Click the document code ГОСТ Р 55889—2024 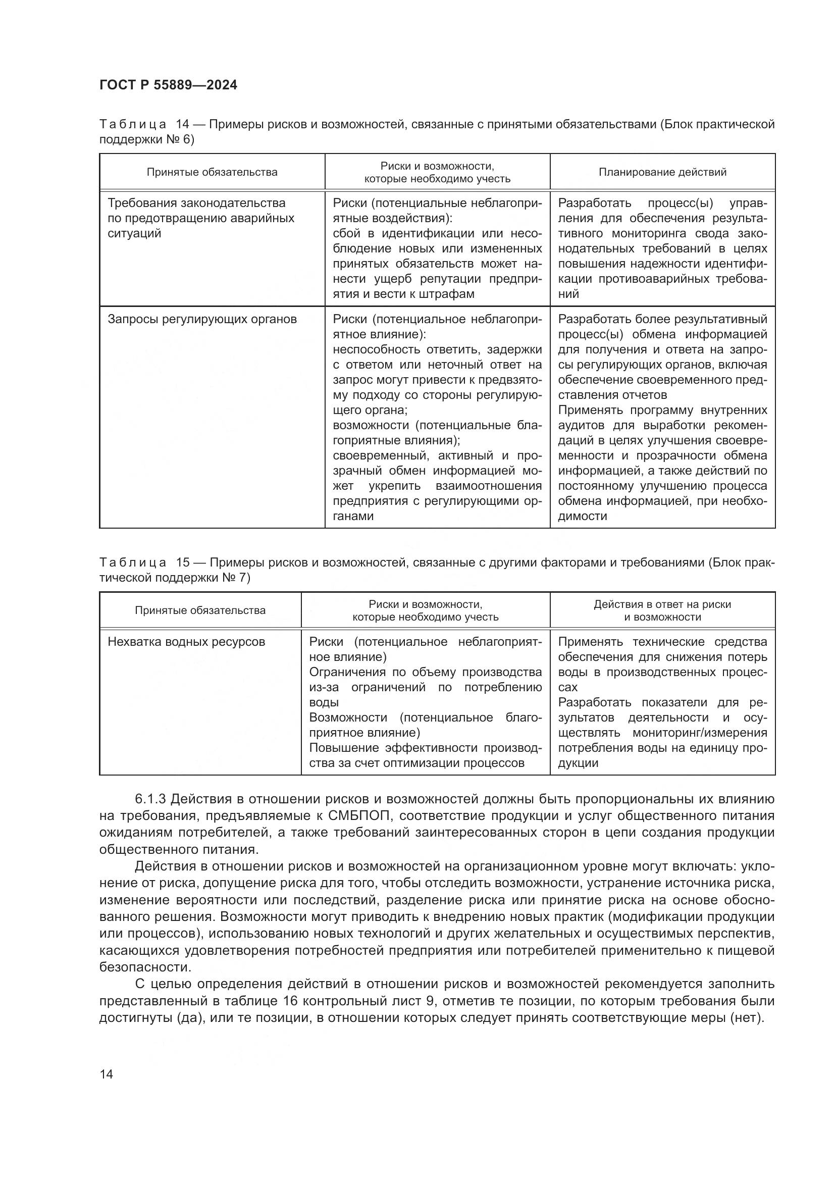[x=168, y=85]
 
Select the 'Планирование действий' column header [x=662, y=172]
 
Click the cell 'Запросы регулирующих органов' [x=202, y=320]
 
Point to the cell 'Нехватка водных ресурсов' [x=186, y=642]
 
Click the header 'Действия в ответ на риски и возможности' [x=662, y=610]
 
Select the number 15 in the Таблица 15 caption [x=183, y=562]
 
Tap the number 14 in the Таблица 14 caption [x=183, y=125]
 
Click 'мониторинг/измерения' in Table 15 [x=700, y=733]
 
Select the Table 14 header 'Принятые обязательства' [x=212, y=172]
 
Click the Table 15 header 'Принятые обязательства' [x=200, y=610]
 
